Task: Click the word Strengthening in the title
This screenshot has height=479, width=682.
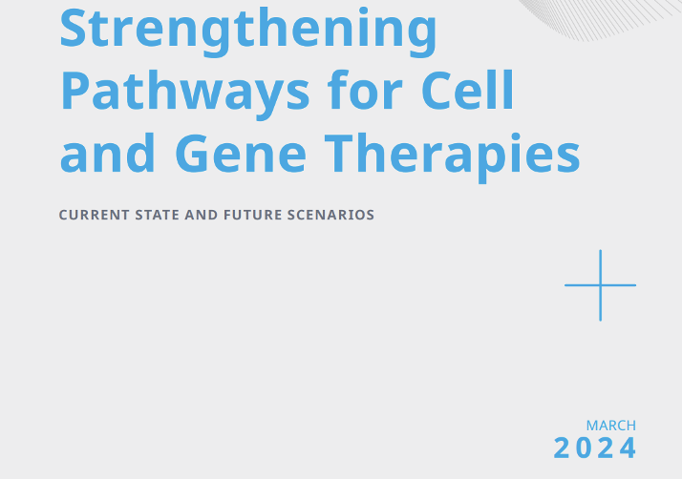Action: (248, 31)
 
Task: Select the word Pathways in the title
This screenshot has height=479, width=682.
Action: (185, 94)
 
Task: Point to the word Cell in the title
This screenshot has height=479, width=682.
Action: (468, 90)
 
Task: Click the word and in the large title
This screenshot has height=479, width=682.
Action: (107, 152)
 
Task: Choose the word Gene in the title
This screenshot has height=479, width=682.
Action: (241, 153)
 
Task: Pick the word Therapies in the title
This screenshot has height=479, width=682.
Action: (453, 156)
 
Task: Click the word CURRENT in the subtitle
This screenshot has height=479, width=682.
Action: (94, 215)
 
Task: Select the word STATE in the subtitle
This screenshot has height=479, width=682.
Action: (157, 215)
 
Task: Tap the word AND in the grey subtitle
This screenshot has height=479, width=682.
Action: (202, 215)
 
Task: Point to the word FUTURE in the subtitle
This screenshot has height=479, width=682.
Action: (253, 215)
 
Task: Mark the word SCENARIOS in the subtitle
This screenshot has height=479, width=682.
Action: (331, 215)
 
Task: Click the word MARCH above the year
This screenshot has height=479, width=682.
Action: (611, 426)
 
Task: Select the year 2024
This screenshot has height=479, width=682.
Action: (594, 448)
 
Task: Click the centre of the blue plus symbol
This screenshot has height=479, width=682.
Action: (600, 285)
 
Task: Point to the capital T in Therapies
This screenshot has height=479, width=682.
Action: (339, 153)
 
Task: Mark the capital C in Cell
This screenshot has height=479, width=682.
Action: (437, 91)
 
